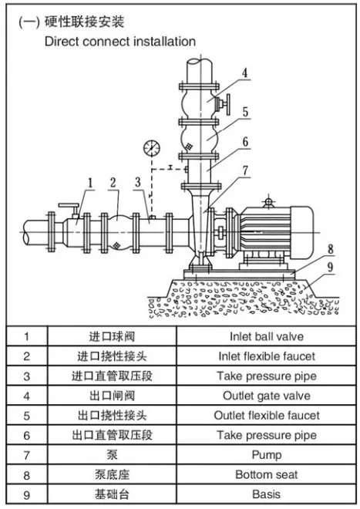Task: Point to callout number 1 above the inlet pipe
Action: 90,183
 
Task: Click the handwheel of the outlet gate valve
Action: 230,103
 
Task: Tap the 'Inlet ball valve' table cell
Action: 267,336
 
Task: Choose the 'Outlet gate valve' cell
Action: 267,396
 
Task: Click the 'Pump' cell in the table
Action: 267,455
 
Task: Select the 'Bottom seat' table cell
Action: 267,475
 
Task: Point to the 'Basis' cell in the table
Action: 267,494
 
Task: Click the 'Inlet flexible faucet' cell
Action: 267,356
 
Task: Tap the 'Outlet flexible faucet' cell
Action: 267,416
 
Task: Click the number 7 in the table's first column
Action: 27,455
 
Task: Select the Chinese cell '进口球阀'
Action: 113,336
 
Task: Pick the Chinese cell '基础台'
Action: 113,494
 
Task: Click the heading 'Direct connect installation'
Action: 119,41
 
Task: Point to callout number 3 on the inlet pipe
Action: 137,183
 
